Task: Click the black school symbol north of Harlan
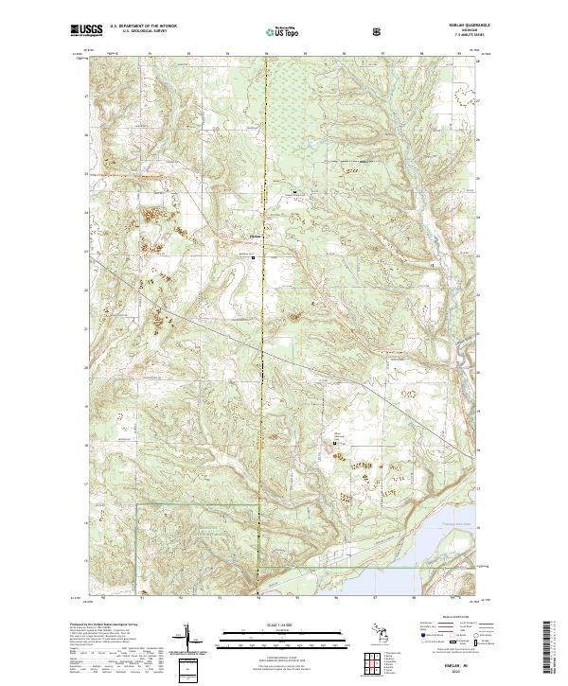coord(294,192)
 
